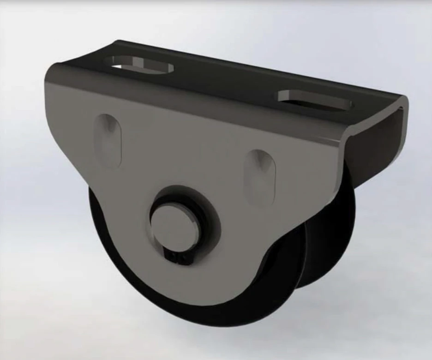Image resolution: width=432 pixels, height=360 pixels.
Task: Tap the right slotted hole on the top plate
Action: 315,100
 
